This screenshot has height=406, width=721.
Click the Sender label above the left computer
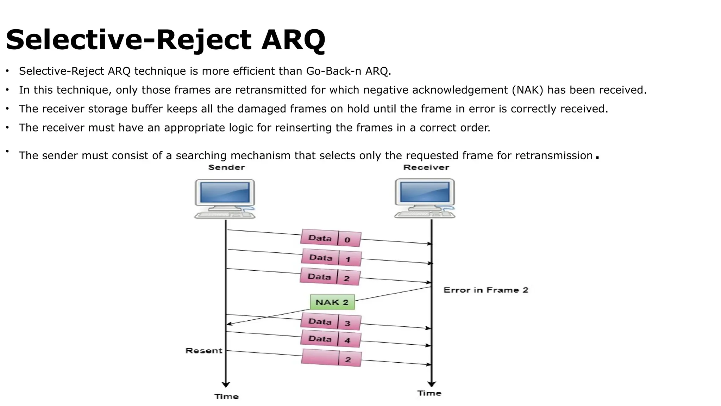(x=226, y=167)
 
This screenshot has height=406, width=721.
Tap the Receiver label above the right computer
(x=426, y=167)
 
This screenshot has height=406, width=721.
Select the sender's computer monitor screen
(x=225, y=192)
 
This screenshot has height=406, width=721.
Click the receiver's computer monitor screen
(x=425, y=192)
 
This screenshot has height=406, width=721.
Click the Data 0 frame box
(x=331, y=239)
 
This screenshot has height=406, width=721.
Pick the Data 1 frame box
(x=331, y=258)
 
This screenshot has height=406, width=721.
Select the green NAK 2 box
(x=332, y=302)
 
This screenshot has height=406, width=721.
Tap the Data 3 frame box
(x=331, y=322)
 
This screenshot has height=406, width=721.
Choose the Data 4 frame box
(x=331, y=339)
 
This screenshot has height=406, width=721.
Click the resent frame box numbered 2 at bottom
(x=331, y=358)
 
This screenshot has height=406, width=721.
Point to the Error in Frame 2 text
(x=486, y=290)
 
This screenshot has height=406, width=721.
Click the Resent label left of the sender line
(x=204, y=351)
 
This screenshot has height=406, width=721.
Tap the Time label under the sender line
(x=226, y=396)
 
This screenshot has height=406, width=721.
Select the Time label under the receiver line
(x=429, y=393)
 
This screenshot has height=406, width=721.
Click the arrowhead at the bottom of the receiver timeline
(x=432, y=384)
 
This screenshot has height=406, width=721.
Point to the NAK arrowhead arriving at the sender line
(x=229, y=324)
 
